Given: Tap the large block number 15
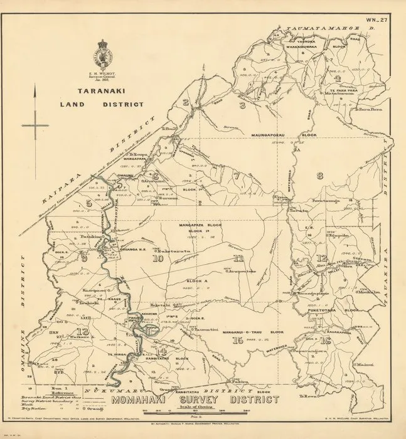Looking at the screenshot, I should click(237, 341).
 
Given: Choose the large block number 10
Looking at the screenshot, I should click(157, 258).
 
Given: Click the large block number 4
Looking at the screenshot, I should click(337, 78).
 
